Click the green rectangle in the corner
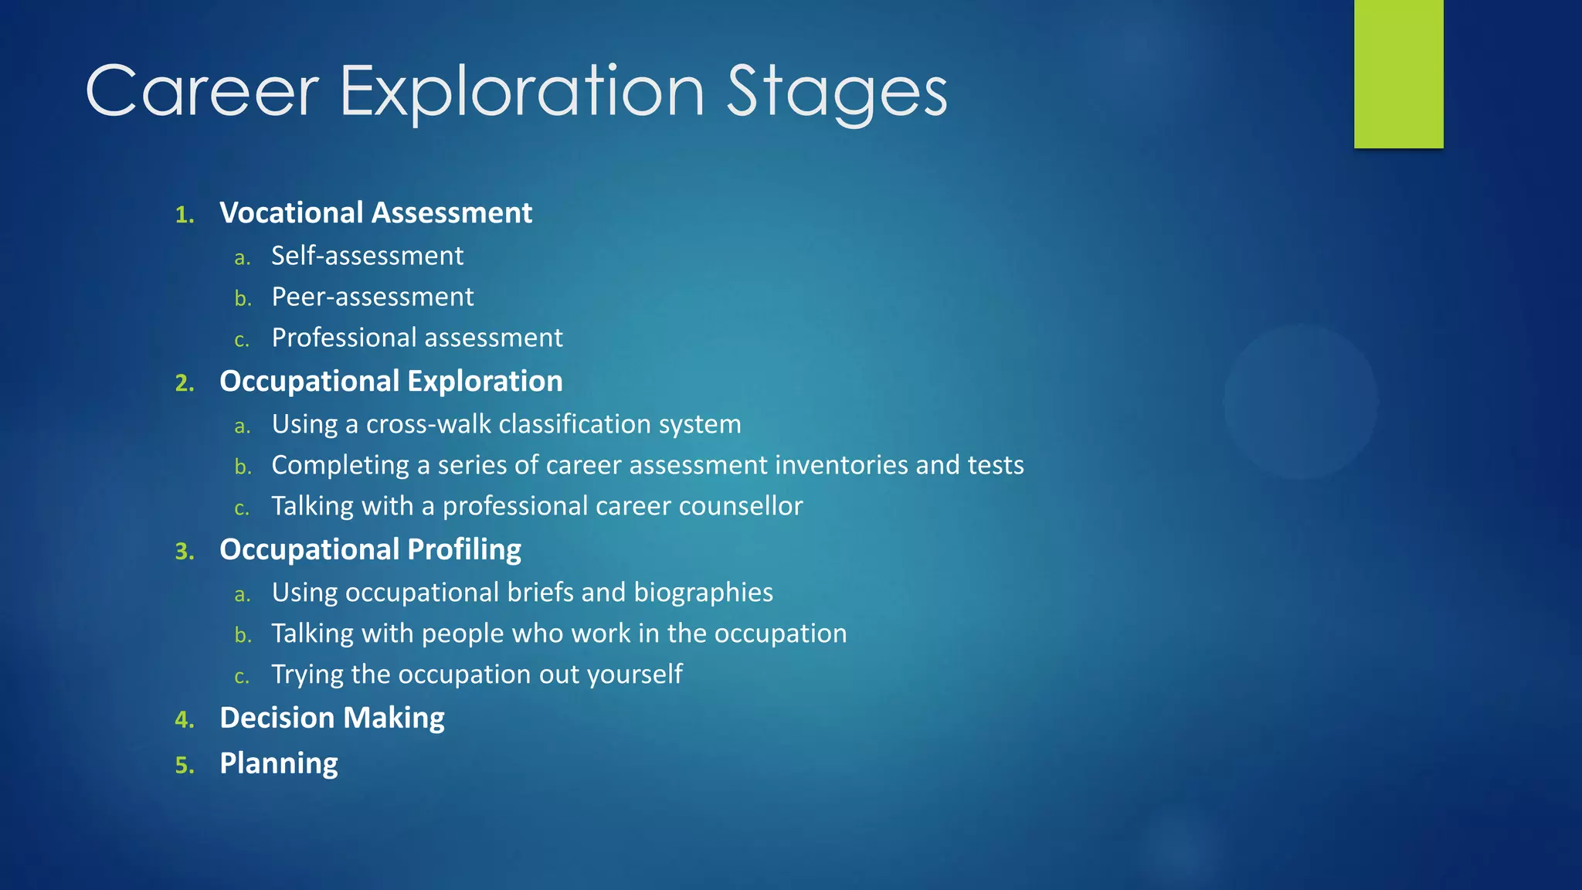point(1398,73)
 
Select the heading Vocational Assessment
point(375,213)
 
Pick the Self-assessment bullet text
point(367,256)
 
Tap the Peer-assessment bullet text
point(372,297)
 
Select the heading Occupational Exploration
point(391,382)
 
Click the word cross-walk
point(428,424)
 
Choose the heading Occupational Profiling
point(370,550)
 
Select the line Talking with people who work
point(558,634)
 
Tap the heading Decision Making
point(331,718)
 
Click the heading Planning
point(278,764)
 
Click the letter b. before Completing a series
point(243,467)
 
